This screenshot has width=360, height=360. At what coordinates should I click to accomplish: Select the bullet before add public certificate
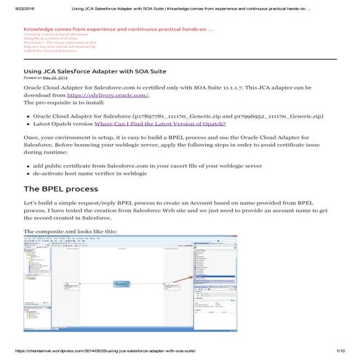click(27, 167)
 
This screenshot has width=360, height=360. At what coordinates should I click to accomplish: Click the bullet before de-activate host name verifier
click(27, 175)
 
